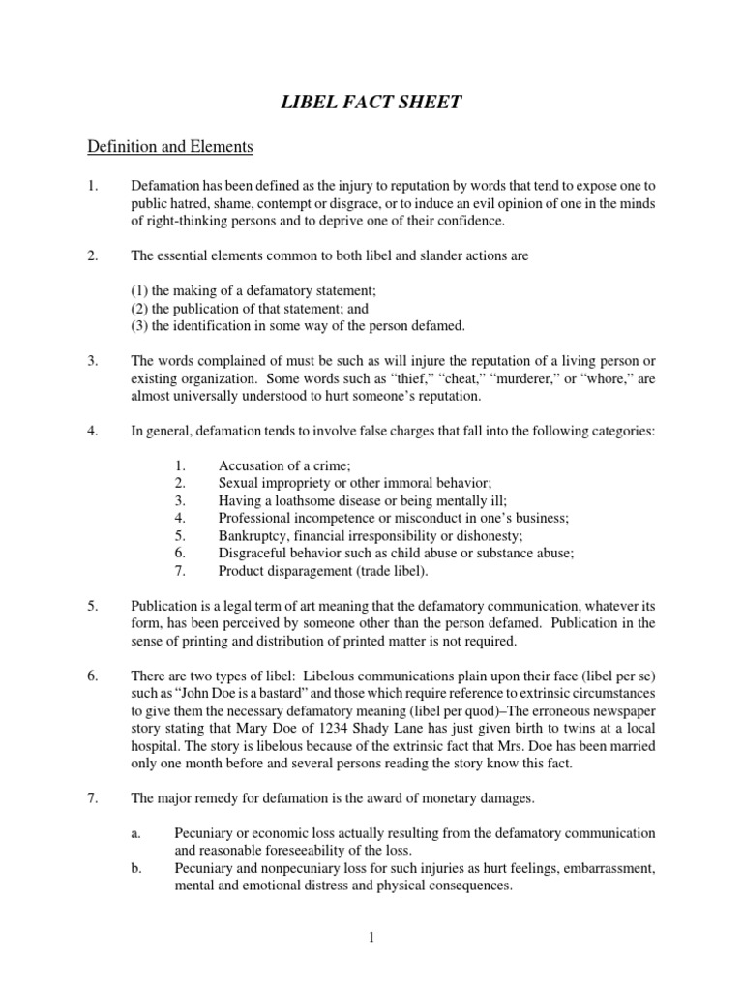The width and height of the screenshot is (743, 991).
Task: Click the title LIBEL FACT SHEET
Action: point(371,103)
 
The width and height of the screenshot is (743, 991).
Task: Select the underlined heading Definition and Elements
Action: point(170,147)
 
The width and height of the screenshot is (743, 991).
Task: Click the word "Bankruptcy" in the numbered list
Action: point(253,535)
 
